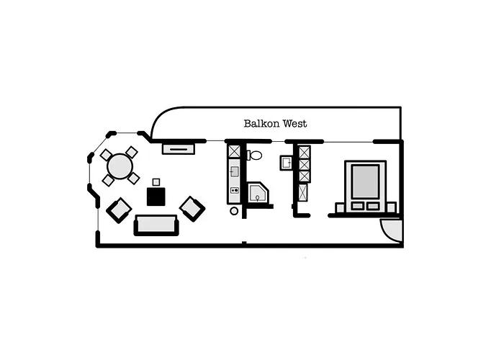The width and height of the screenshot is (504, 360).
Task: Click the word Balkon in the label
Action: (258, 124)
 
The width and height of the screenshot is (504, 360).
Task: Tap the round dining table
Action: (120, 166)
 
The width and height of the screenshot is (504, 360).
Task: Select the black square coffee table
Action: (156, 196)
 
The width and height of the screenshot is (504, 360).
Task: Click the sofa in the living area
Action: (156, 225)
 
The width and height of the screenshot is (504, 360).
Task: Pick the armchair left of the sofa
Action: (119, 210)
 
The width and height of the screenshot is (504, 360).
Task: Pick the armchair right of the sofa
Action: (192, 209)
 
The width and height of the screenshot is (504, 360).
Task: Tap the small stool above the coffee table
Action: (156, 181)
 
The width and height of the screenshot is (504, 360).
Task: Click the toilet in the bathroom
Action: (255, 155)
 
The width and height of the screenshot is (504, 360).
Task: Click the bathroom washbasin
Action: (286, 163)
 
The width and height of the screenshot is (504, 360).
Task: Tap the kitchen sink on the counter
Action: (234, 173)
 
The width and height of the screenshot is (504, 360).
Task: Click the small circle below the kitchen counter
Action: (234, 211)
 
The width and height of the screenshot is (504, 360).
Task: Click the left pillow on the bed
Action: (357, 206)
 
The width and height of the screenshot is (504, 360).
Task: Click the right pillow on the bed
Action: (373, 206)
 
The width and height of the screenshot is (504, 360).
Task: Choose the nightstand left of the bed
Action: (339, 207)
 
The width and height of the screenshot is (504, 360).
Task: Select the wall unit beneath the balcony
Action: (178, 148)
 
